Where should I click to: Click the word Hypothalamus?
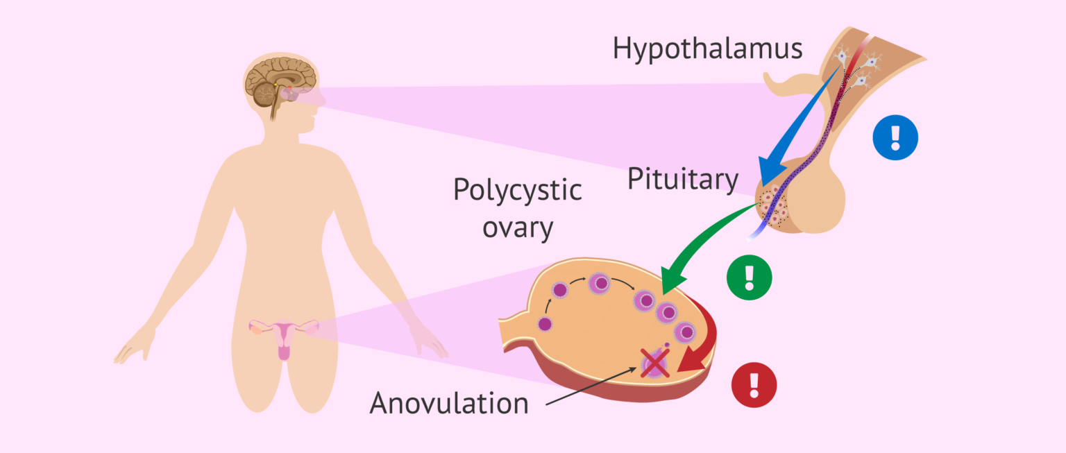(707, 49)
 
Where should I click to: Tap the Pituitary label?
(683, 179)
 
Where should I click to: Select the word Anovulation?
(449, 402)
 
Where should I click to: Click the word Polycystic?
(517, 189)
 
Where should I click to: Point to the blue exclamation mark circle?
(895, 138)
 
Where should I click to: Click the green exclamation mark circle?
(749, 277)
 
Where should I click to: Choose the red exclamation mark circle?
(754, 384)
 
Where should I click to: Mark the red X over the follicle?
(654, 364)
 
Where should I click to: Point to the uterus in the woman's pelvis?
(284, 340)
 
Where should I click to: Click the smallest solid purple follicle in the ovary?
(545, 323)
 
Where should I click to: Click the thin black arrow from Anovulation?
(590, 386)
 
